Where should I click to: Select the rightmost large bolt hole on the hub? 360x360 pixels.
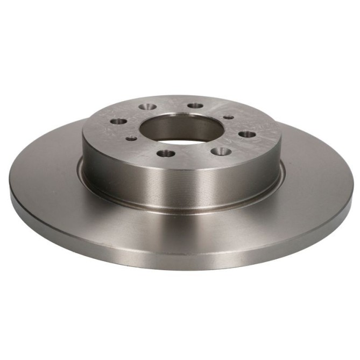pos(245,133)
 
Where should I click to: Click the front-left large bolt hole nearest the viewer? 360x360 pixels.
pos(165,154)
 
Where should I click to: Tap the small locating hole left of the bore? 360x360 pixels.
pos(131,138)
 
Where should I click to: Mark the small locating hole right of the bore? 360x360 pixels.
pos(228,117)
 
